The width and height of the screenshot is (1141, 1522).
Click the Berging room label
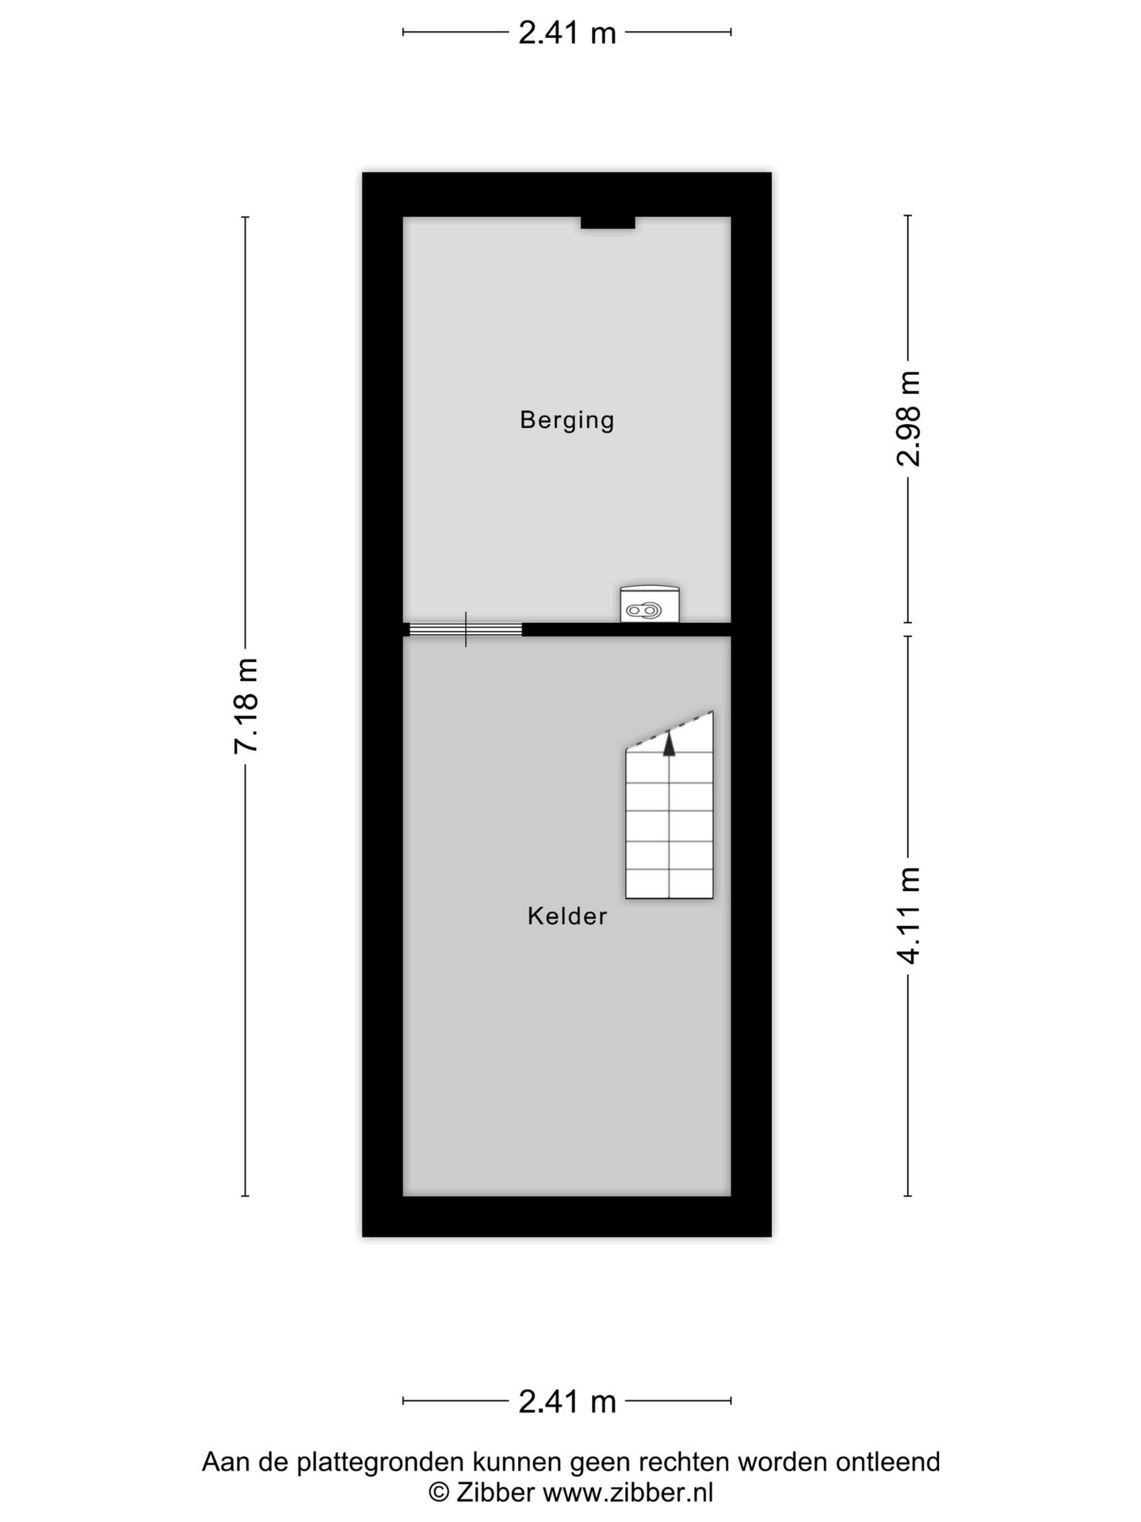pos(567,419)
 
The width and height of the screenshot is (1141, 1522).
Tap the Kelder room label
pos(567,916)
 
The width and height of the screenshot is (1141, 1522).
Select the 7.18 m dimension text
pos(246,706)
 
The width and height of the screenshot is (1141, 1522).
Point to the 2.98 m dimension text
pos(909,419)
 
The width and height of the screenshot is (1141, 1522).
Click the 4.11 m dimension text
pos(909,916)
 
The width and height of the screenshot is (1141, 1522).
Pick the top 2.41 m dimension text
pos(567,33)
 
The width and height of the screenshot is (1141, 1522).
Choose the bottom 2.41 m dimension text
pos(567,1402)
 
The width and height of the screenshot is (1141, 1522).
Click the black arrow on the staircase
pos(670,744)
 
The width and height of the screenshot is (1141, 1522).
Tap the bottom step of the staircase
pos(670,883)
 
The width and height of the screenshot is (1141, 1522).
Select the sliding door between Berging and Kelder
pos(466,629)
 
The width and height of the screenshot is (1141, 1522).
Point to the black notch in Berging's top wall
pos(608,223)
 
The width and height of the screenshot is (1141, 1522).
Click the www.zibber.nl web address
pos(628,1493)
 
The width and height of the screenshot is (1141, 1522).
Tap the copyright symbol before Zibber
pos(439,1493)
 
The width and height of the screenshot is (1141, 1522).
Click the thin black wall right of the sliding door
pos(626,629)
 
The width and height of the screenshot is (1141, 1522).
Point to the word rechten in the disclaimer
pos(687,1462)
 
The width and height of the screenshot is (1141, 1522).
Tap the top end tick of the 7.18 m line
pos(246,216)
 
